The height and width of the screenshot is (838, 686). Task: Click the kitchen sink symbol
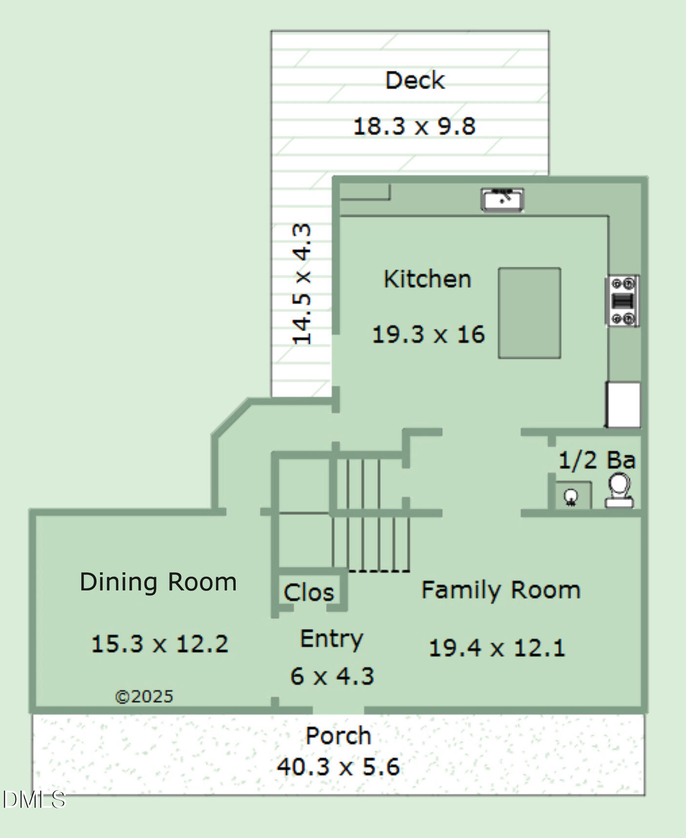[x=502, y=200]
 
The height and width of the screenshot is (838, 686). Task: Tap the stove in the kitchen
[x=623, y=301]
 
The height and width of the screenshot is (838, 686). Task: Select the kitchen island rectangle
[x=529, y=313]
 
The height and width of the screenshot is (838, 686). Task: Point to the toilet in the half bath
[x=620, y=490]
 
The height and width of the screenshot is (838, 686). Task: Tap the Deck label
[x=415, y=81]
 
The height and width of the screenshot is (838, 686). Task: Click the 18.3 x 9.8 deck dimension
[x=414, y=126]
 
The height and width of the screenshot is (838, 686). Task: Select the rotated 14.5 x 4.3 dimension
[x=302, y=284]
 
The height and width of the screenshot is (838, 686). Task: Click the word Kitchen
[x=427, y=279]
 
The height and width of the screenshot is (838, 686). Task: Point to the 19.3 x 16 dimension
[x=428, y=335]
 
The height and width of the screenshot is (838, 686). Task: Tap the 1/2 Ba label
[x=597, y=461]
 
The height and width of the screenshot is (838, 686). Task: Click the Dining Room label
[x=158, y=582]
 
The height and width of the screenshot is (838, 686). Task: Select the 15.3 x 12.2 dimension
[x=160, y=644]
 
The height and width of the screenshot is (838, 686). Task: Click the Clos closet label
[x=309, y=592]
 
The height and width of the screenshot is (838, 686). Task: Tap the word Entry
[x=332, y=639]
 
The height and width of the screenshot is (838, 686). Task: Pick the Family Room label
[x=501, y=590]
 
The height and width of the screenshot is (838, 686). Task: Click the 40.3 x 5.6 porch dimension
[x=338, y=767]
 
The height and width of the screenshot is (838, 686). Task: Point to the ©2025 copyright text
[x=144, y=696]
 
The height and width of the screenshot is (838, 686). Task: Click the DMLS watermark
[x=34, y=800]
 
